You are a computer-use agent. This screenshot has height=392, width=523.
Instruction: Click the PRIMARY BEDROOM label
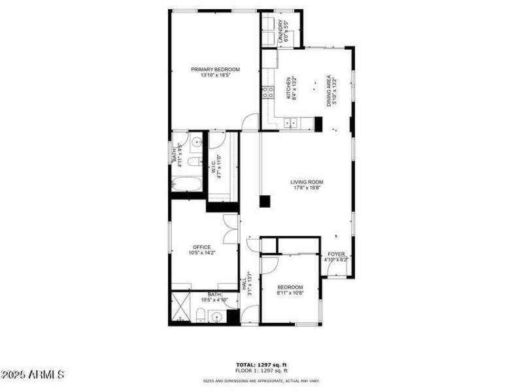point(215,69)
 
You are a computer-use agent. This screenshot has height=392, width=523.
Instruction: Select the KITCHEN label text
point(288,88)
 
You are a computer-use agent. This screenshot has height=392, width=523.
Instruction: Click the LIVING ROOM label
point(307,182)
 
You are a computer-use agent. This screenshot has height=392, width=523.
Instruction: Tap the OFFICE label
point(201,247)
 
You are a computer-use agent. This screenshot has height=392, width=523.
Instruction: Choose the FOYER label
point(336,253)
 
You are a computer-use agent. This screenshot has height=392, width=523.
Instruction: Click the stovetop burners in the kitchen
point(267,92)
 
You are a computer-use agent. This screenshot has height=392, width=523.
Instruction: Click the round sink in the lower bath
point(218,318)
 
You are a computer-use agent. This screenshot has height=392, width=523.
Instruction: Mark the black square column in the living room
point(264,201)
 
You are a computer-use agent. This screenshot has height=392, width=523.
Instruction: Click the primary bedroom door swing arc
point(249,122)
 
